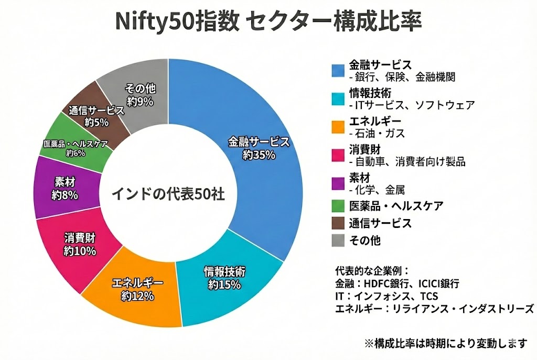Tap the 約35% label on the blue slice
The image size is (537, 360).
259,155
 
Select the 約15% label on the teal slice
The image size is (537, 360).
224,285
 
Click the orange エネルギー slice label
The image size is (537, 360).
138,283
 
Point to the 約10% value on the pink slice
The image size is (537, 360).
80,251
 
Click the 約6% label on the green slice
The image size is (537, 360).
76,154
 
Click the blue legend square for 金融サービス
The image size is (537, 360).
338,70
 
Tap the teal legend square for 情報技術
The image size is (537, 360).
338,99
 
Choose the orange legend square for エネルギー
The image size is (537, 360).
338,127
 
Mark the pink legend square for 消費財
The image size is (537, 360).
338,155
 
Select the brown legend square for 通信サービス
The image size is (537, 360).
338,223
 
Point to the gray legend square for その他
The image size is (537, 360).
338,241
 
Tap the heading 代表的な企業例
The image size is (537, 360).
371,271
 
